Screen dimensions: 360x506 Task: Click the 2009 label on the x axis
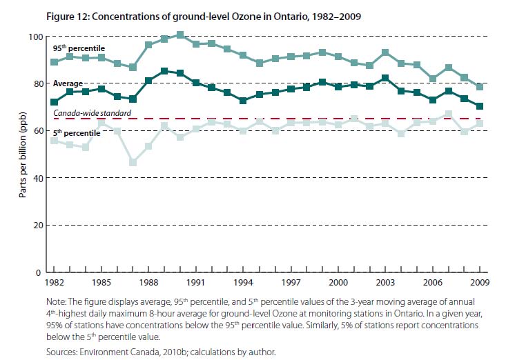tap(480, 282)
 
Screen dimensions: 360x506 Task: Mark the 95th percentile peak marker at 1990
tap(180, 34)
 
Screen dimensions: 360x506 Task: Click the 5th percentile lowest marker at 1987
tap(133, 162)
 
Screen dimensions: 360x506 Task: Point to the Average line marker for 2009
tap(480, 106)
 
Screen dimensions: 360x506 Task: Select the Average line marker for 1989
tap(164, 71)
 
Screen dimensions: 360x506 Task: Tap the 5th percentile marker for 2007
tap(449, 114)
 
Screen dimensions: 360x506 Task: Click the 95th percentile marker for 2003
tap(385, 52)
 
